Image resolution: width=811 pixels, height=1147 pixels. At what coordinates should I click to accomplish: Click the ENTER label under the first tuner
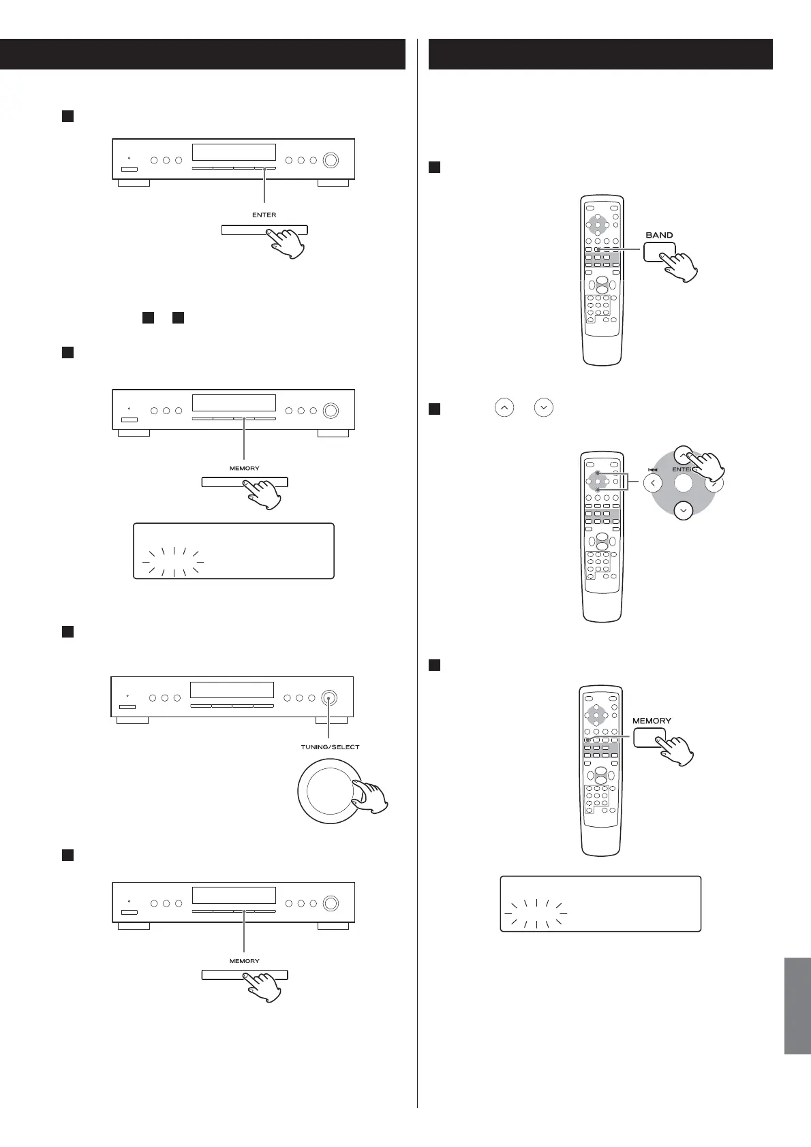pos(264,215)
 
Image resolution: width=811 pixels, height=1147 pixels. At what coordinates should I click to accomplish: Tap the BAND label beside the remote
pos(659,235)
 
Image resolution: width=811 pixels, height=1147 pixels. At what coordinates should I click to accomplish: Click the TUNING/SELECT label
pos(330,747)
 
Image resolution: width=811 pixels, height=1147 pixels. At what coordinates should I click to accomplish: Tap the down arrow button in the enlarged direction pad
pos(683,509)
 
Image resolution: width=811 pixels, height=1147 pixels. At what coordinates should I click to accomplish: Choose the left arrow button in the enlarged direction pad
pos(652,484)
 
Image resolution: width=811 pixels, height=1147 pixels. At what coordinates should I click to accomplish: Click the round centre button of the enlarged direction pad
pos(683,484)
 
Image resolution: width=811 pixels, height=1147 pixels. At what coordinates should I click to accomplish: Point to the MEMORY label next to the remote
pos(652,720)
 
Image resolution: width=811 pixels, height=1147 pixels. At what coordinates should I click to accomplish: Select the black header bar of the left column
pos(202,54)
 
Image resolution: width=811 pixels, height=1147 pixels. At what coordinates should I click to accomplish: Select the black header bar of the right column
pos(600,54)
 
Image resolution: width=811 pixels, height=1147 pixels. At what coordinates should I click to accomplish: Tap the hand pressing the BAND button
pos(678,266)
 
